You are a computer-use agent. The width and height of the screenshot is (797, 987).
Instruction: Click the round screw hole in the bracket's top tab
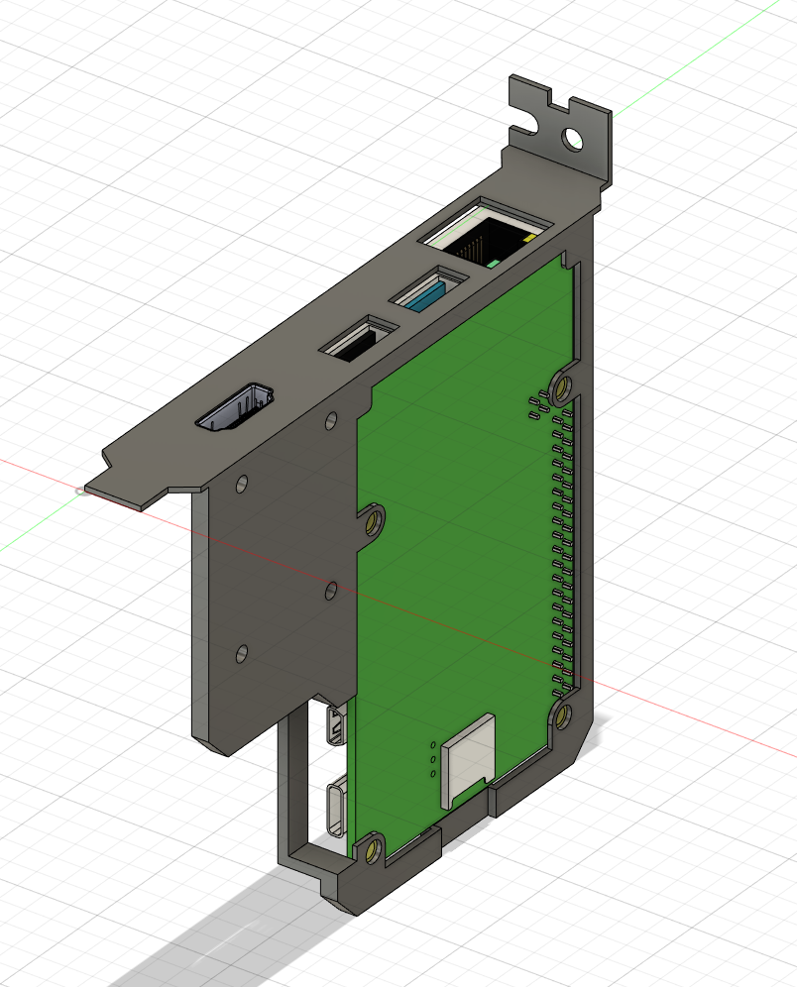[x=573, y=138]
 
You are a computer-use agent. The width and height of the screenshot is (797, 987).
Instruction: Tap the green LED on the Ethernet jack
[x=493, y=264]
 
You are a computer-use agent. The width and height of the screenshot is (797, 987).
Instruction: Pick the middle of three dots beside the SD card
[x=433, y=759]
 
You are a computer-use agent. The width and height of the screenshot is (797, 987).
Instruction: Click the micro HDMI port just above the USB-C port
[x=336, y=726]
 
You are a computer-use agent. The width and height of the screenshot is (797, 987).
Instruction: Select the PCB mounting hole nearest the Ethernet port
[x=563, y=384]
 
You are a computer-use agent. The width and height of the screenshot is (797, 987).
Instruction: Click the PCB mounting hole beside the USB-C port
[x=372, y=849]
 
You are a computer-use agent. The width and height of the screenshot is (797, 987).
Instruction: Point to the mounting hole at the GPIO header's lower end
[x=561, y=714]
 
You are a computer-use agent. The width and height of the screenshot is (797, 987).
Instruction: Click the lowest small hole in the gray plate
[x=241, y=653]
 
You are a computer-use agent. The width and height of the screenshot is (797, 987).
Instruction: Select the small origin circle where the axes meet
[x=80, y=491]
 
